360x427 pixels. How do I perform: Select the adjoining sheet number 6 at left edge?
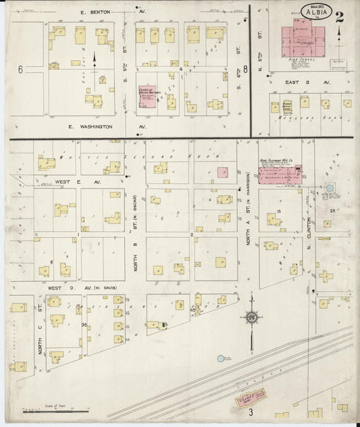click(20, 70)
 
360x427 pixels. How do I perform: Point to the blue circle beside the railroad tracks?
click(221, 359)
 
